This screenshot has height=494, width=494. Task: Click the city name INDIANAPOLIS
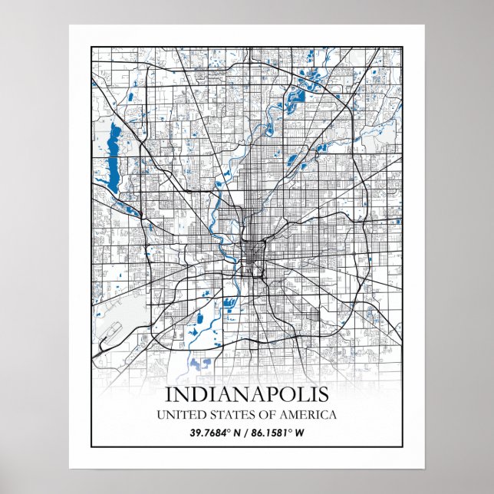pyautogui.click(x=246, y=396)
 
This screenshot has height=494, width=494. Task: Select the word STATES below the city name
pyautogui.click(x=224, y=415)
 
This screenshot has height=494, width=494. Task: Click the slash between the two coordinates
pyautogui.click(x=247, y=433)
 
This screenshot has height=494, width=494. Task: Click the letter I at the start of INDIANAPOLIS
pyautogui.click(x=169, y=396)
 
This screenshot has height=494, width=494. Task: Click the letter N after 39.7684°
pyautogui.click(x=239, y=433)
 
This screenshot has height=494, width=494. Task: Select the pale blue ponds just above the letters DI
pyautogui.click(x=201, y=365)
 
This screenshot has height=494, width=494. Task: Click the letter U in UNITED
pyautogui.click(x=161, y=415)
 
